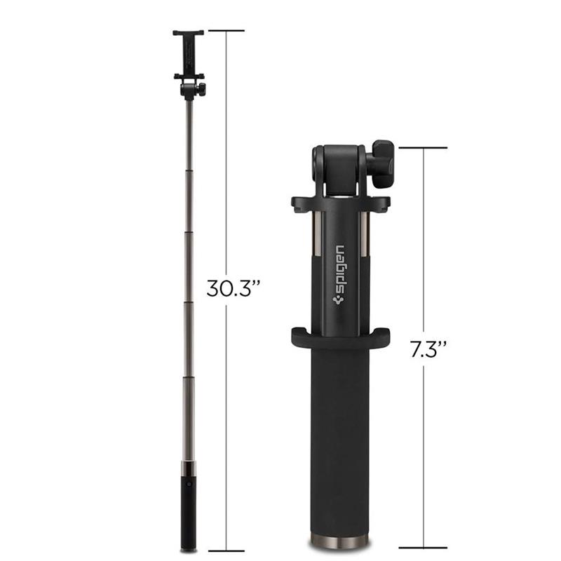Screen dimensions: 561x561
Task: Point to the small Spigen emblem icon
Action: pyautogui.click(x=341, y=297)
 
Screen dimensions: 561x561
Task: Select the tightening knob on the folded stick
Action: pyautogui.click(x=383, y=163)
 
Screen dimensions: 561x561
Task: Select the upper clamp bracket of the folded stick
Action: pyautogui.click(x=340, y=203)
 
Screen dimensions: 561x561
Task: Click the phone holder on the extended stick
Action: pyautogui.click(x=188, y=53)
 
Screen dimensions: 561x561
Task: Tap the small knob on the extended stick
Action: pyautogui.click(x=201, y=89)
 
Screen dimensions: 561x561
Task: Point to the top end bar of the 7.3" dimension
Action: pyautogui.click(x=424, y=148)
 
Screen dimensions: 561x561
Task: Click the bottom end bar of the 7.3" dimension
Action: pyautogui.click(x=424, y=547)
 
